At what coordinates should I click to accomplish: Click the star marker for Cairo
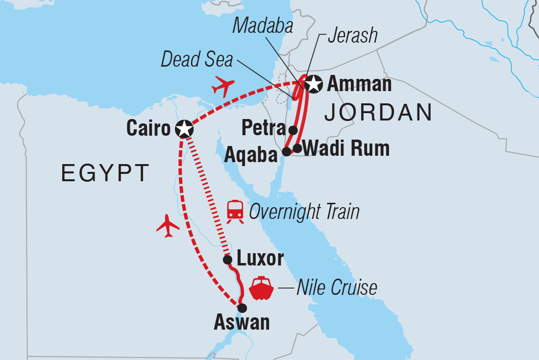[184, 129]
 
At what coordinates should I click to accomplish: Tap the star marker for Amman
[313, 85]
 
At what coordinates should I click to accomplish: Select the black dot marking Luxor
[227, 260]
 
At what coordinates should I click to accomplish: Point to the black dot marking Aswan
[242, 308]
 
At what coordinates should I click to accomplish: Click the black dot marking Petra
[293, 130]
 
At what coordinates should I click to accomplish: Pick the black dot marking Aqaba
[287, 152]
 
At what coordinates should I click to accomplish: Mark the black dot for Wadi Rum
[297, 148]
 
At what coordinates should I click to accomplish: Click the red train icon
[235, 212]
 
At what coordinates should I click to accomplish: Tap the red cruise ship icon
[261, 288]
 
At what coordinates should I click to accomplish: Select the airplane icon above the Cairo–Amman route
[223, 87]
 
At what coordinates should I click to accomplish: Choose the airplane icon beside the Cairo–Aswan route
[168, 226]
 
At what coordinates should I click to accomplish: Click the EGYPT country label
[105, 173]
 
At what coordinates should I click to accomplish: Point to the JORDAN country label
[378, 113]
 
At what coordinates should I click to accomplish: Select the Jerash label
[353, 36]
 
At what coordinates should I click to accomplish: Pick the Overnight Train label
[304, 212]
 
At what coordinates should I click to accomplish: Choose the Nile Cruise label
[337, 288]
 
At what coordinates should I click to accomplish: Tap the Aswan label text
[242, 323]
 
